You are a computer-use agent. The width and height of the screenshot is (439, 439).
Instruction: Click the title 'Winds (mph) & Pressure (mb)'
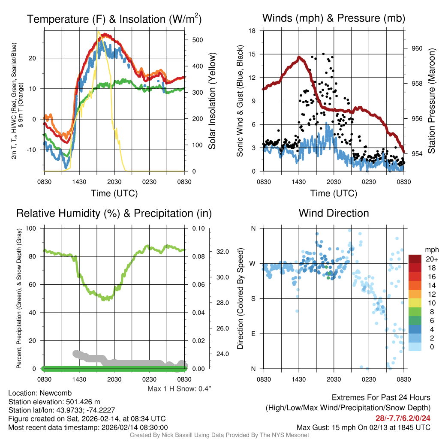coord(334,18)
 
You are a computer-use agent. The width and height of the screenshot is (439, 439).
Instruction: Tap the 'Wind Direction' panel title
coord(334,213)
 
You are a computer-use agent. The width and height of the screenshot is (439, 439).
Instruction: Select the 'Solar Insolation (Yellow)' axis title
coord(212,101)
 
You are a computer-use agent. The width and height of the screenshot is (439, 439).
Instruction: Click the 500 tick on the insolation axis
coord(197,40)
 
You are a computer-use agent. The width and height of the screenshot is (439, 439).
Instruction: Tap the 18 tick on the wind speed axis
coord(253,31)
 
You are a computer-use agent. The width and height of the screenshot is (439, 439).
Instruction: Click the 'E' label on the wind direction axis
coord(253,334)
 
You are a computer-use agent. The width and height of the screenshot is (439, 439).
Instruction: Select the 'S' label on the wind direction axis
coord(253,298)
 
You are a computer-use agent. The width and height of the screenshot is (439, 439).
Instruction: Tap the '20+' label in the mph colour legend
coord(430,259)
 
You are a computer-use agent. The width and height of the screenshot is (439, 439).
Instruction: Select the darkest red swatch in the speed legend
coord(415,259)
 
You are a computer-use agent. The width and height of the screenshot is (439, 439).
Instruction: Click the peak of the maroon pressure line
coord(299,57)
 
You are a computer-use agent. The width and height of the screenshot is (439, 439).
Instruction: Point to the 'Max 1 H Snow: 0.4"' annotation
coord(179,389)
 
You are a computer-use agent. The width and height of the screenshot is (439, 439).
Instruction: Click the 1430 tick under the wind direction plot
coord(299,379)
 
